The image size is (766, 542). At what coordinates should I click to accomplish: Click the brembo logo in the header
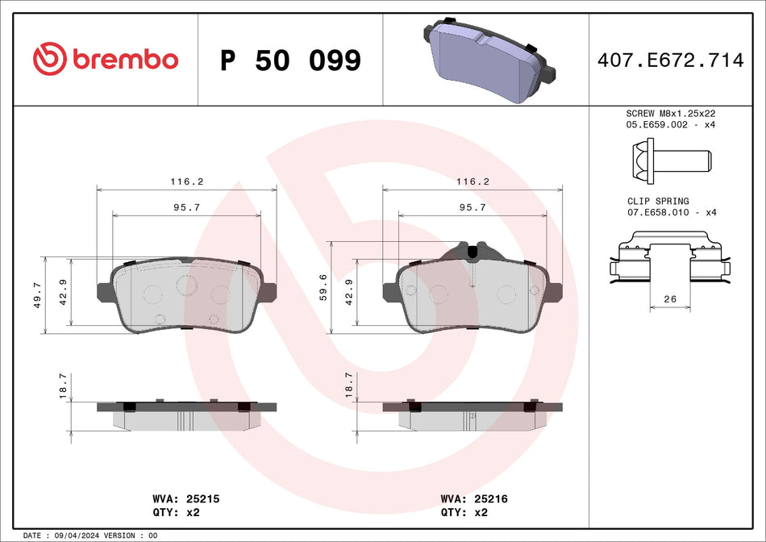tap(105, 59)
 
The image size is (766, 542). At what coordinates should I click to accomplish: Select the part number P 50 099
tap(290, 60)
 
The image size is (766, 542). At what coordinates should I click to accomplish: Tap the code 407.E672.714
tap(670, 60)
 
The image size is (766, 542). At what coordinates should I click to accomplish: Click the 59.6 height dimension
tap(323, 286)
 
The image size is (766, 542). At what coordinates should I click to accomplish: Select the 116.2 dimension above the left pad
tap(187, 182)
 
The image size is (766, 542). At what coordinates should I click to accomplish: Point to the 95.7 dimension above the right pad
tap(473, 207)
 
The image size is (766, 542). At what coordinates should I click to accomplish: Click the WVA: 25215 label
tap(186, 499)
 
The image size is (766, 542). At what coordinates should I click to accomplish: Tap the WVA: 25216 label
tap(473, 499)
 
